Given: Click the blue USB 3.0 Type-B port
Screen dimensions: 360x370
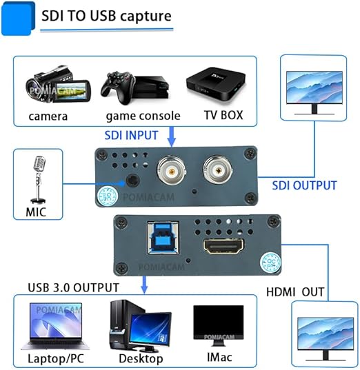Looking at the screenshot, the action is (163, 238).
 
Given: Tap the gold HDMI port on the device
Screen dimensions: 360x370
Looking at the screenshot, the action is (223, 246).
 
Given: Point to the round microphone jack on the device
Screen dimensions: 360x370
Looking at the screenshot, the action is (132, 181).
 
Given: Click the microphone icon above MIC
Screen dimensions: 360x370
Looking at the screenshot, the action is (38, 180).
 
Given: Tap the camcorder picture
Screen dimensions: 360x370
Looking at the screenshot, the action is (58, 85).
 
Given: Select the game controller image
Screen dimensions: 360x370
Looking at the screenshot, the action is (117, 88).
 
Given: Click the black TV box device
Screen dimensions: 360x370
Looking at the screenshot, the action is (216, 83).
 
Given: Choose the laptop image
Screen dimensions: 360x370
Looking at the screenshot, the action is (55, 327).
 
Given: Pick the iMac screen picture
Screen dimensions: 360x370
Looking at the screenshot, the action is (218, 325).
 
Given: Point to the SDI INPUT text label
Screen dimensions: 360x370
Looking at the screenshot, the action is (131, 136).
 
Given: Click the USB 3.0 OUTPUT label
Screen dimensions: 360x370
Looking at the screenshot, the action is (73, 287).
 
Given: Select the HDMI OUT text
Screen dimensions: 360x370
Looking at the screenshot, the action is (295, 292).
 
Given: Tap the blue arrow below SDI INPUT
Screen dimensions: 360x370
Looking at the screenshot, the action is (172, 136).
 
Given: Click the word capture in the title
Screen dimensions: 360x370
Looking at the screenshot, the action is (146, 16).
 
